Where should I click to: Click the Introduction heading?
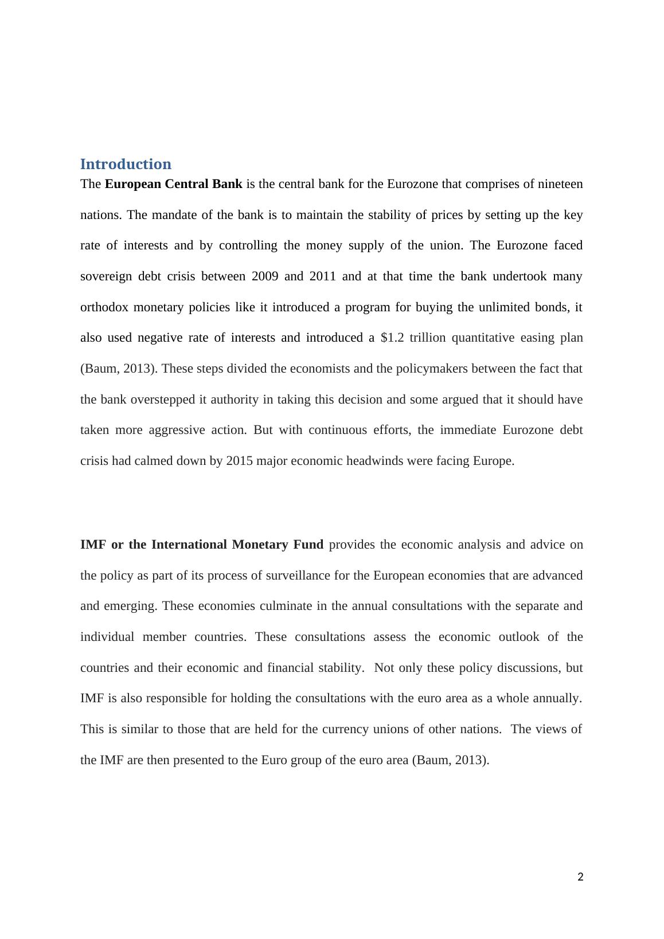tap(126, 165)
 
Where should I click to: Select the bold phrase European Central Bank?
tap(173, 184)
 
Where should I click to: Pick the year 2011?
tap(322, 276)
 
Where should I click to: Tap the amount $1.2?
tap(392, 338)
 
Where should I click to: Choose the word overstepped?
tap(163, 400)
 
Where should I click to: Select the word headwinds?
tap(375, 461)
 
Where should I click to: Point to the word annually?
tap(558, 698)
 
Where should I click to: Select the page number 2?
tap(580, 877)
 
